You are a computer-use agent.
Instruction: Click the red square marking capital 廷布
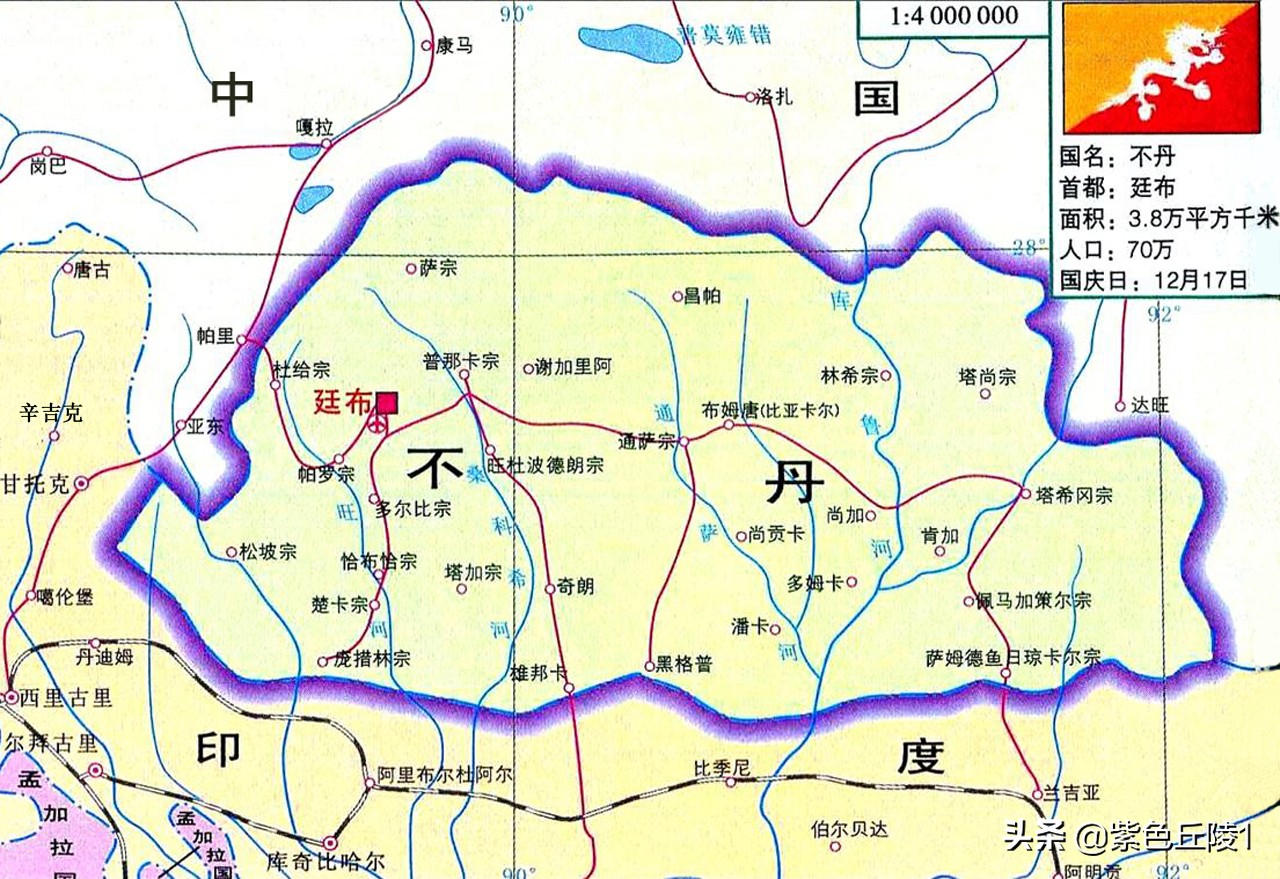coord(386,402)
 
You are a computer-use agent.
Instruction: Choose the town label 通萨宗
coord(647,441)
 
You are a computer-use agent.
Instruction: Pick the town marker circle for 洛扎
coord(750,97)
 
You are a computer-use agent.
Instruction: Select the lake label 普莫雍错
coord(724,35)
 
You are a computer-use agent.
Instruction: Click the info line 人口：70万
coord(1116,249)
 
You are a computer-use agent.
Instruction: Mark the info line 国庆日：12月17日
coord(1153,279)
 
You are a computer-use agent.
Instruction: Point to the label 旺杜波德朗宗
coord(545,465)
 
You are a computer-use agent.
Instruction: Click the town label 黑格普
coord(684,665)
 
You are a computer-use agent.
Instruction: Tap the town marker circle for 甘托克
coord(82,484)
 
